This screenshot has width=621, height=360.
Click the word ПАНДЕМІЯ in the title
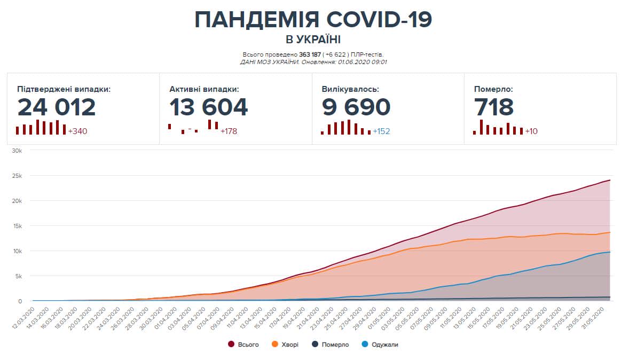[x=256, y=20]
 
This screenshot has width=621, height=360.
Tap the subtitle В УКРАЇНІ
[x=313, y=40]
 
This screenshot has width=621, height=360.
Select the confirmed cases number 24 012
[x=57, y=107]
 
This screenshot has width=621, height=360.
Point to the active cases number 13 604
[x=209, y=107]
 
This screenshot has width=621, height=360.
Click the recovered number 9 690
[x=356, y=107]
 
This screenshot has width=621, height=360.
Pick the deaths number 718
[x=494, y=107]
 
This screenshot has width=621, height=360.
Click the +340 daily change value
[x=77, y=131]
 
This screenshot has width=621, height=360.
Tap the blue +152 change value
[x=381, y=131]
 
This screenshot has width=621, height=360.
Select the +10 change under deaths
[x=532, y=131]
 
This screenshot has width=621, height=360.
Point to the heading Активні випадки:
[x=204, y=89]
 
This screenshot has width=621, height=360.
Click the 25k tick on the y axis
[x=17, y=176]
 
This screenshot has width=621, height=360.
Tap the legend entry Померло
[x=335, y=345]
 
